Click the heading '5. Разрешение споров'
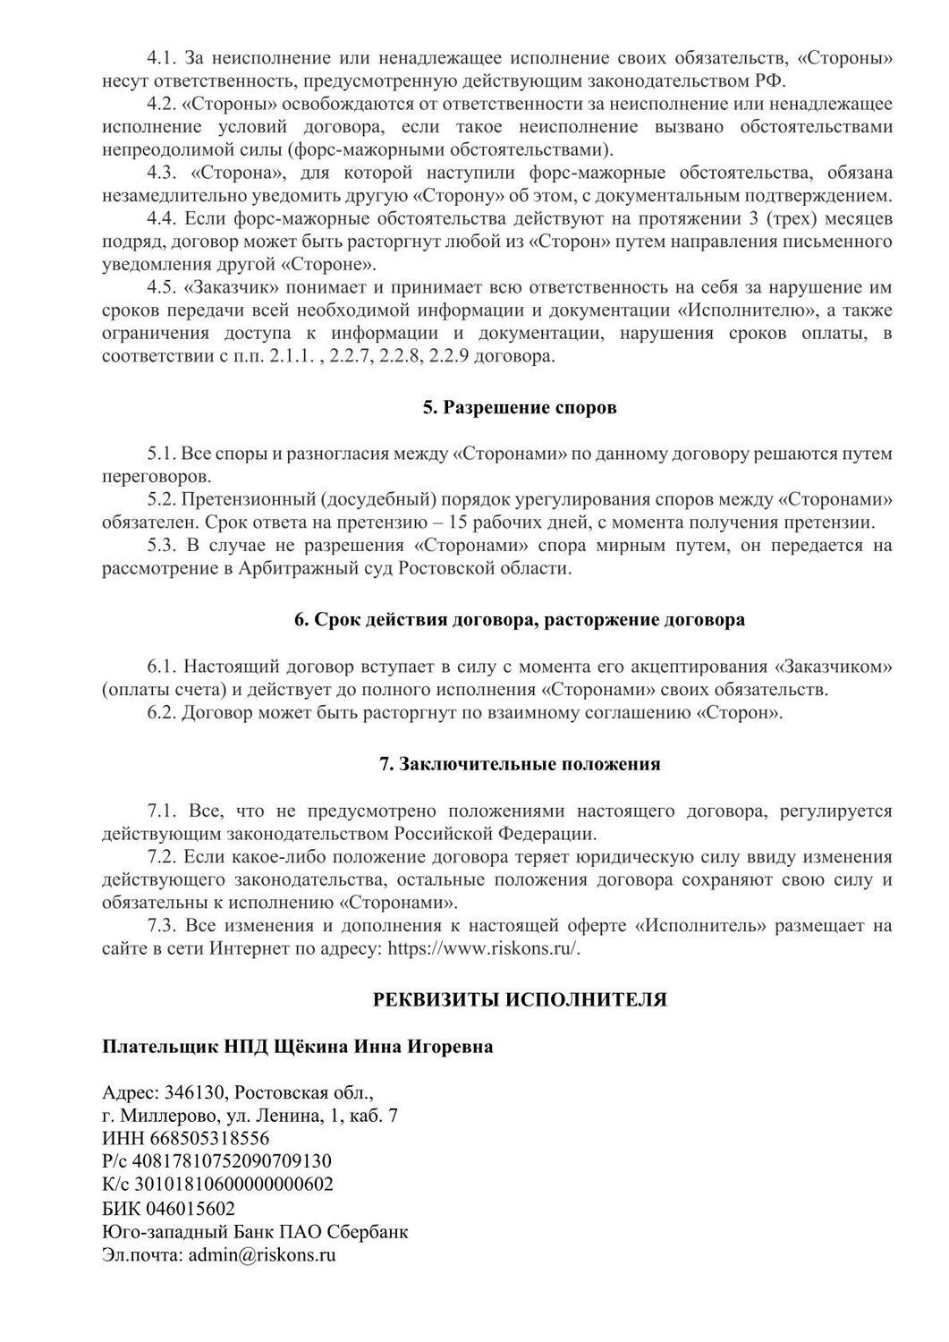click(x=520, y=408)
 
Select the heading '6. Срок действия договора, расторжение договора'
click(x=520, y=620)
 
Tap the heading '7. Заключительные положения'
click(x=520, y=764)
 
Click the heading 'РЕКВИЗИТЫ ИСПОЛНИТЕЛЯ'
click(x=520, y=999)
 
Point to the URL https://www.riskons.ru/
click(x=484, y=948)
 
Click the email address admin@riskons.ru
click(x=262, y=1254)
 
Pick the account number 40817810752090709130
click(x=232, y=1161)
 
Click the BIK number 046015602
click(x=188, y=1208)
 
